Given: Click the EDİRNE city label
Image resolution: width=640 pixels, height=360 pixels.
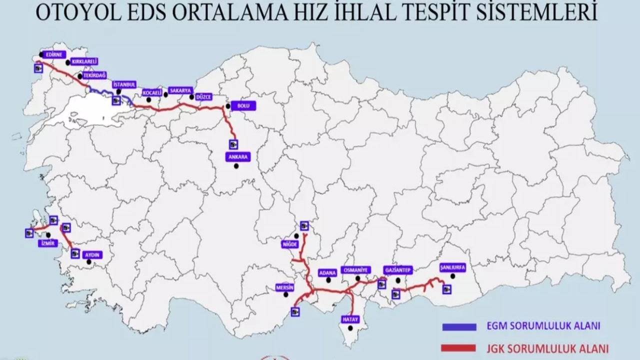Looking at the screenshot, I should click(52, 54).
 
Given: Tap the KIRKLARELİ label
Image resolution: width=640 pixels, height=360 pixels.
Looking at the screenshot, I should click(84, 61).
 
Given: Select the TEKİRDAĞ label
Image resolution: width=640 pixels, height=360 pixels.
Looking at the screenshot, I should click(95, 75).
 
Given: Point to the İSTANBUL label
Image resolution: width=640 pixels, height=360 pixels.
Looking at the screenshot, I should click(124, 84).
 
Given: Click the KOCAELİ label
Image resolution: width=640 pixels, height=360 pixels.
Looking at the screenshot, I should click(152, 92).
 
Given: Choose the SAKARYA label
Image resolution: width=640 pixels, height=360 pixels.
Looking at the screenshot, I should click(180, 90).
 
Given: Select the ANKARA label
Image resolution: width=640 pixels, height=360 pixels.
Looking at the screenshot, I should click(238, 156).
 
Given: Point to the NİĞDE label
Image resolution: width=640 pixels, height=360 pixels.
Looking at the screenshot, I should click(290, 244).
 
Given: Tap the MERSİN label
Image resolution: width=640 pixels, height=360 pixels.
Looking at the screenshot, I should click(285, 287).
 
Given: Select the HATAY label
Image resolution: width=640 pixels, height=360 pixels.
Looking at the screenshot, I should click(351, 318).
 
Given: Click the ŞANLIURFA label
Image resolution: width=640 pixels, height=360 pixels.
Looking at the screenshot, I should click(452, 267).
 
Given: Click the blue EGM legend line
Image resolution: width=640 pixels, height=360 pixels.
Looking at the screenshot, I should click(459, 326).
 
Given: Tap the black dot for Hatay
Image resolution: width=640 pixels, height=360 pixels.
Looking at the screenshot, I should click(350, 328).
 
